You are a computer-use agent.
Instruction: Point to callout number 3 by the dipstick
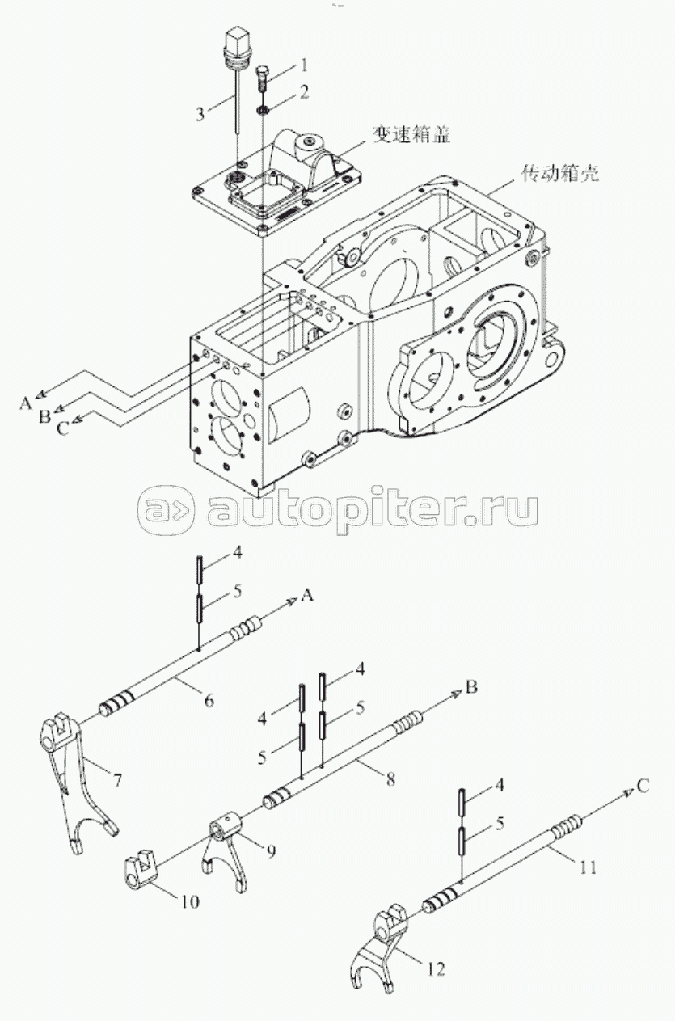pyautogui.click(x=200, y=114)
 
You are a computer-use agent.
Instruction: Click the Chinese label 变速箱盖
pyautogui.click(x=411, y=134)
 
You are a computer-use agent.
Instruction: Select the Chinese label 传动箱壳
pyautogui.click(x=560, y=173)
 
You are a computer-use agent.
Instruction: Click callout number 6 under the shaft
pyautogui.click(x=209, y=700)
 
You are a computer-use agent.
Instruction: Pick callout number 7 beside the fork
pyautogui.click(x=117, y=780)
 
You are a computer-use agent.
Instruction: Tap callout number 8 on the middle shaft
pyautogui.click(x=390, y=778)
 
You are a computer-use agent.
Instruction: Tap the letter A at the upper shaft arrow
pyautogui.click(x=308, y=595)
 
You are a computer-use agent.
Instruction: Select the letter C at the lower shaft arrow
pyautogui.click(x=643, y=787)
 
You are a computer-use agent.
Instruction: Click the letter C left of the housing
pyautogui.click(x=63, y=429)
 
